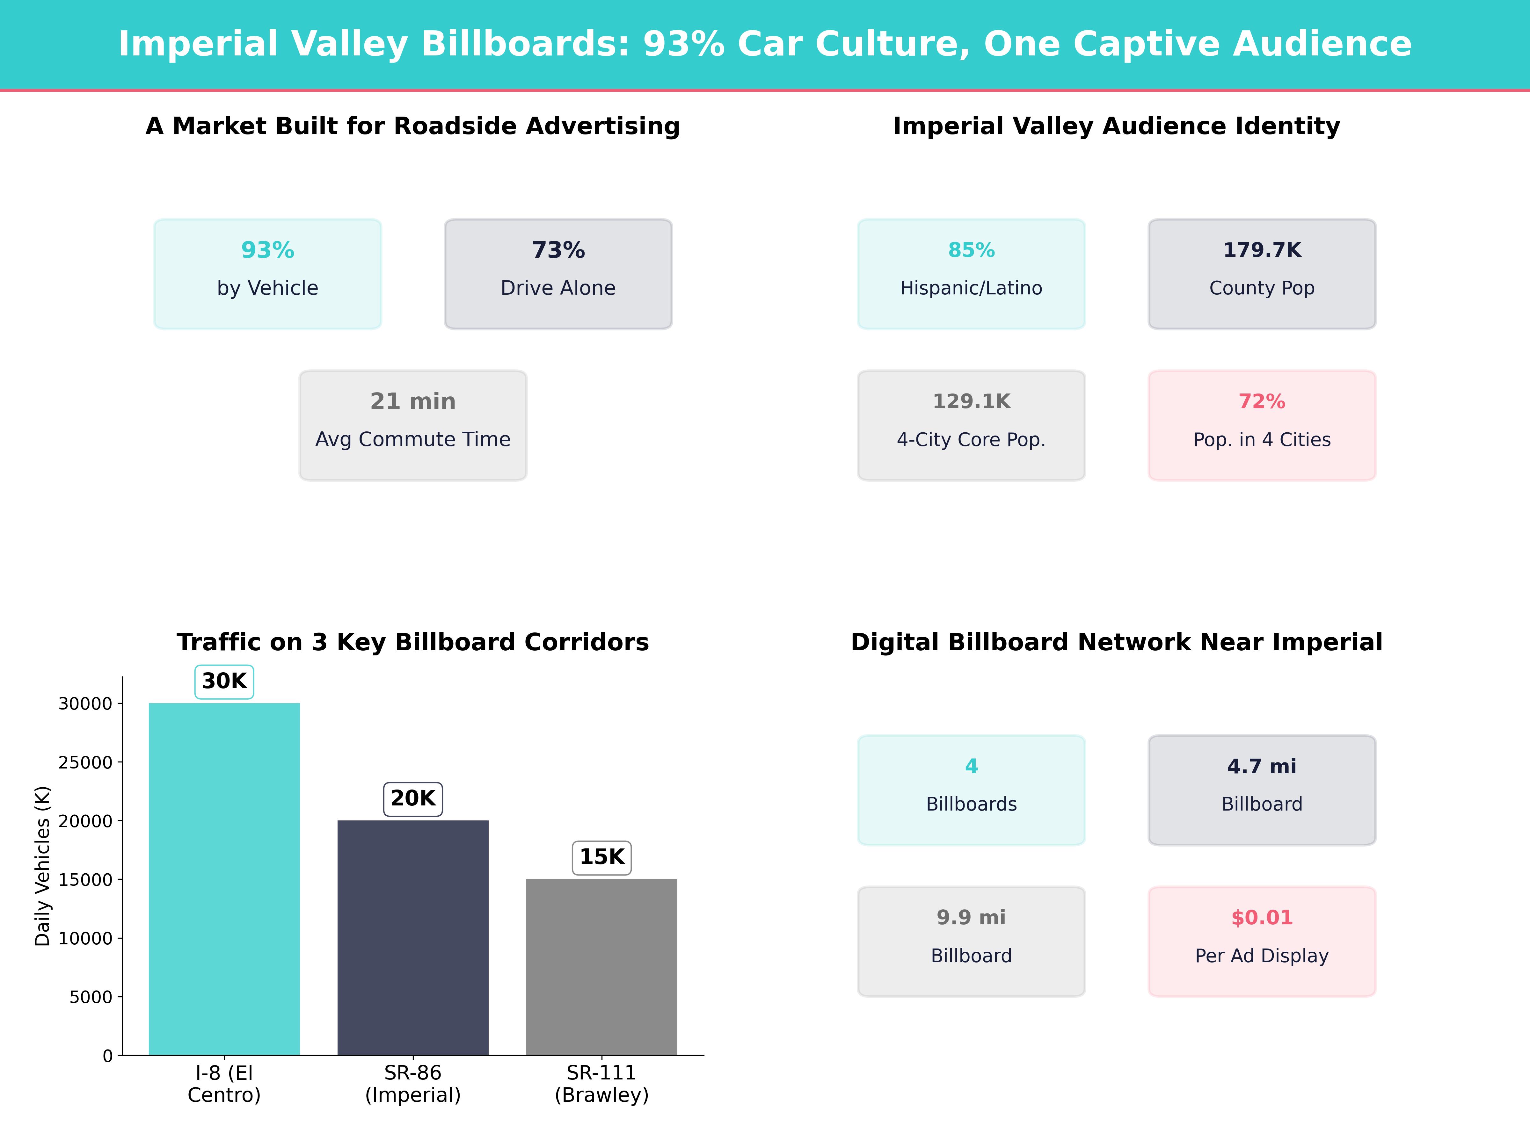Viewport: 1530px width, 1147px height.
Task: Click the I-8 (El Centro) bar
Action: [x=224, y=879]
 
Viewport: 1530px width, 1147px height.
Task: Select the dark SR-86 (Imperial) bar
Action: [x=413, y=937]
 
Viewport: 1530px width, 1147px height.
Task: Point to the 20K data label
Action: [x=413, y=798]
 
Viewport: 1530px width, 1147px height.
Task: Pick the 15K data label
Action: [x=602, y=857]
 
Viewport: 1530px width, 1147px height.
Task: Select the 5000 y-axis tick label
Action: [x=91, y=997]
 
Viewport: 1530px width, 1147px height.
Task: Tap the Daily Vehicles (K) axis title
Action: [x=43, y=866]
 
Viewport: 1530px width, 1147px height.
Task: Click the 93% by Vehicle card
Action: [x=268, y=274]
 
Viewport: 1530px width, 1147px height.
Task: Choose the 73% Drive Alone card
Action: [x=558, y=274]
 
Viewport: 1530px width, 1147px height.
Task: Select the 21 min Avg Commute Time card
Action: [x=413, y=425]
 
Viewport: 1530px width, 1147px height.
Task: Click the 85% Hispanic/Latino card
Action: [x=971, y=274]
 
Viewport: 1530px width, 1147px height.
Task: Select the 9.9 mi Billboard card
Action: [x=971, y=942]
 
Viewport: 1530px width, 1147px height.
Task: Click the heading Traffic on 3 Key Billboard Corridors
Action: [x=413, y=642]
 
